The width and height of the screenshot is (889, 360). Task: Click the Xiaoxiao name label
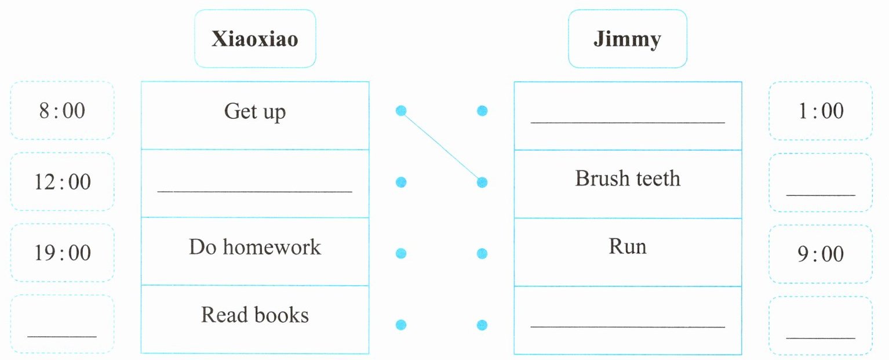(x=255, y=38)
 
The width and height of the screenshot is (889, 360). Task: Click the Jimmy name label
(x=628, y=38)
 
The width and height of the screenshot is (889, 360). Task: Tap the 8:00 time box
(x=63, y=110)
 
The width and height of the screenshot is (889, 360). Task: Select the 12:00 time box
(x=63, y=182)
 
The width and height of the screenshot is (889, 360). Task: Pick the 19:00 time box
(x=63, y=253)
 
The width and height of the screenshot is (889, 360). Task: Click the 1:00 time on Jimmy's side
(x=821, y=111)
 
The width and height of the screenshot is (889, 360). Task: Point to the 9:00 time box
(x=821, y=254)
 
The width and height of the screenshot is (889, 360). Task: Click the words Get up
(x=255, y=111)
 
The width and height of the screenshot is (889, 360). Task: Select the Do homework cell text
(x=255, y=247)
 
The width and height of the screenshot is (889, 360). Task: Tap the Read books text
(x=255, y=315)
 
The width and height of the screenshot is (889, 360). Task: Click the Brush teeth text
(x=628, y=178)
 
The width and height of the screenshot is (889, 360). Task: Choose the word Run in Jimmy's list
(x=628, y=246)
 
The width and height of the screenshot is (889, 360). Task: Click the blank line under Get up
(x=255, y=192)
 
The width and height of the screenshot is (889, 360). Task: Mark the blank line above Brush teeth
(x=628, y=123)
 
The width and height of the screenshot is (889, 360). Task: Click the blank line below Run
(x=628, y=327)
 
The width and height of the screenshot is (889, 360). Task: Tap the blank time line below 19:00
(x=62, y=337)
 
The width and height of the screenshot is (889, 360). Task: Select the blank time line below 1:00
(x=821, y=195)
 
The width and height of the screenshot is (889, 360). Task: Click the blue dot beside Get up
(x=401, y=111)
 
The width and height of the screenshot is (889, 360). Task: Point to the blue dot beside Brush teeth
(x=482, y=182)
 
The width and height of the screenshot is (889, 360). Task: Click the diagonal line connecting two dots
(x=442, y=147)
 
